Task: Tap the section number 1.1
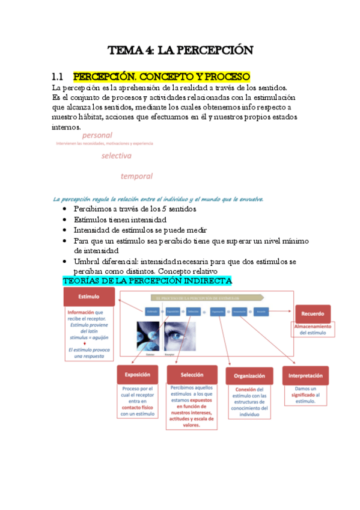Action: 58,77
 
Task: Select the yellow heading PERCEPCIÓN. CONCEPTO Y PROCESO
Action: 161,77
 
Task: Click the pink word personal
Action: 97,136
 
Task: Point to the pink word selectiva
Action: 116,155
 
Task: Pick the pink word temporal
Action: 136,176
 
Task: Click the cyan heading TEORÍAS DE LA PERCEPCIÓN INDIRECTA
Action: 147,281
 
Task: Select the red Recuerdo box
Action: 313,313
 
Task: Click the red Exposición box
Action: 137,373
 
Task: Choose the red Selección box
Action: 191,374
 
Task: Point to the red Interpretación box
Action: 305,375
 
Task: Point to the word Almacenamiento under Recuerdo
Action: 314,326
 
